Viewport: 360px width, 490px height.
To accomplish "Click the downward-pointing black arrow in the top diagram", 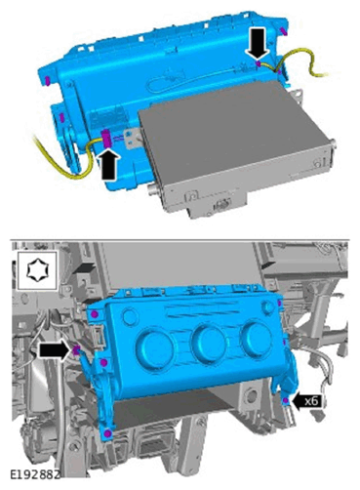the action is pos(258,43).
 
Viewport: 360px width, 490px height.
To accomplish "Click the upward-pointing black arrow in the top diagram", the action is pos(109,164).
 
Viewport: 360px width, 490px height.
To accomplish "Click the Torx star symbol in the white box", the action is pos(37,269).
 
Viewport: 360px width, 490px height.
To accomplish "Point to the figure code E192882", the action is pos(35,474).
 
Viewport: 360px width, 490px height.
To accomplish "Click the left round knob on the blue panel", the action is pos(155,347).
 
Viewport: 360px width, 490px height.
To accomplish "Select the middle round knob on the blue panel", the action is pos(209,343).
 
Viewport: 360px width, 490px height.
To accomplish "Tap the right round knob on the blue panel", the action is pos(256,338).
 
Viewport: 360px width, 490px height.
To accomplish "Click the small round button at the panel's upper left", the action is pos(130,316).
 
